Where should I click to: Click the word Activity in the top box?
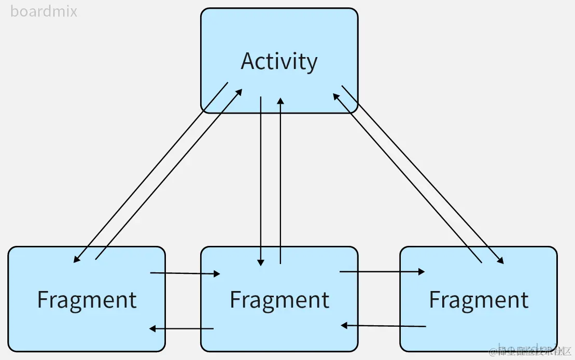(x=279, y=61)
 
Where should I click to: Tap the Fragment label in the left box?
(x=87, y=300)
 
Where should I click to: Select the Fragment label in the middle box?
(x=279, y=300)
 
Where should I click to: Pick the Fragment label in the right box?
(x=479, y=300)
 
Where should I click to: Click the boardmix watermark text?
(x=44, y=11)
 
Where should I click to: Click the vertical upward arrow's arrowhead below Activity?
(x=281, y=100)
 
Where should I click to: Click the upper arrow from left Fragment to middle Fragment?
(x=185, y=273)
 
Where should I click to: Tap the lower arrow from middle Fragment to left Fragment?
(x=181, y=328)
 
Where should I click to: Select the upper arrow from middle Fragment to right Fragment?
(x=382, y=271)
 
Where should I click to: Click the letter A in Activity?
(x=248, y=61)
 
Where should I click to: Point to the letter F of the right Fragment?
(x=434, y=300)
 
